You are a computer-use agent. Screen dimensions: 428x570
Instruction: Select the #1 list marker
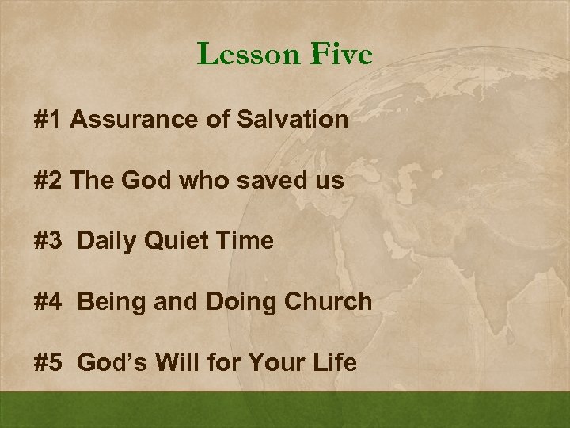pyautogui.click(x=48, y=120)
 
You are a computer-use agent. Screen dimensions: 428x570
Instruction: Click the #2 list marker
pyautogui.click(x=49, y=181)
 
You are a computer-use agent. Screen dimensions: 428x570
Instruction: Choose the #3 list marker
pyautogui.click(x=49, y=241)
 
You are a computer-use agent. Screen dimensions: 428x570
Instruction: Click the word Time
pyautogui.click(x=245, y=241)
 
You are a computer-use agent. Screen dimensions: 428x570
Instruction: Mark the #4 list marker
pyautogui.click(x=49, y=302)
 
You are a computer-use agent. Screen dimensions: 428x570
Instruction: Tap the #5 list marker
pyautogui.click(x=49, y=362)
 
